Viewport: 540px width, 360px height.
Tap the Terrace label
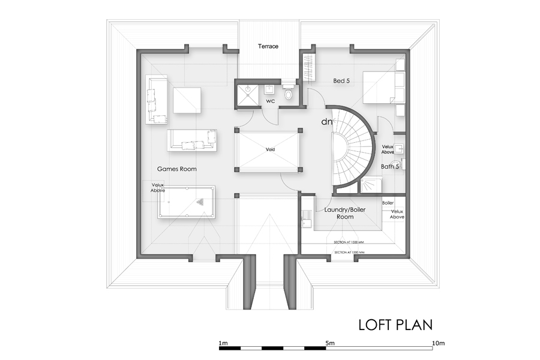pyautogui.click(x=268, y=46)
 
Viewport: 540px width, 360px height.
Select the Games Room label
pyautogui.click(x=177, y=169)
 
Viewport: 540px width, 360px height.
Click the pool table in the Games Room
pyautogui.click(x=186, y=201)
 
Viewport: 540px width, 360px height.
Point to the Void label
pyautogui.click(x=270, y=149)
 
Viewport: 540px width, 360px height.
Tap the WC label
pyautogui.click(x=271, y=102)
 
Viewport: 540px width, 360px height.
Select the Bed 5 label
pyautogui.click(x=341, y=80)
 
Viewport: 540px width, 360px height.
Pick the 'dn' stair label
pyautogui.click(x=327, y=122)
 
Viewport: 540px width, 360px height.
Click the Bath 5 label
pyautogui.click(x=389, y=166)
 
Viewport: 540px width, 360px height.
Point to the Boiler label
pyautogui.click(x=388, y=203)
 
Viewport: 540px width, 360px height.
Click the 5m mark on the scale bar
pyautogui.click(x=329, y=343)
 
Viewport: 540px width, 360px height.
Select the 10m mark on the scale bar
pyautogui.click(x=438, y=343)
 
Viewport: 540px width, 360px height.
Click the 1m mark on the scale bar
pyautogui.click(x=223, y=343)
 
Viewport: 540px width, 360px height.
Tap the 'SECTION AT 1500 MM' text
pyautogui.click(x=350, y=242)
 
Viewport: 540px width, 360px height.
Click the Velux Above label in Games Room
pyautogui.click(x=158, y=188)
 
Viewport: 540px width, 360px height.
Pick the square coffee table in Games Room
pyautogui.click(x=187, y=100)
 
